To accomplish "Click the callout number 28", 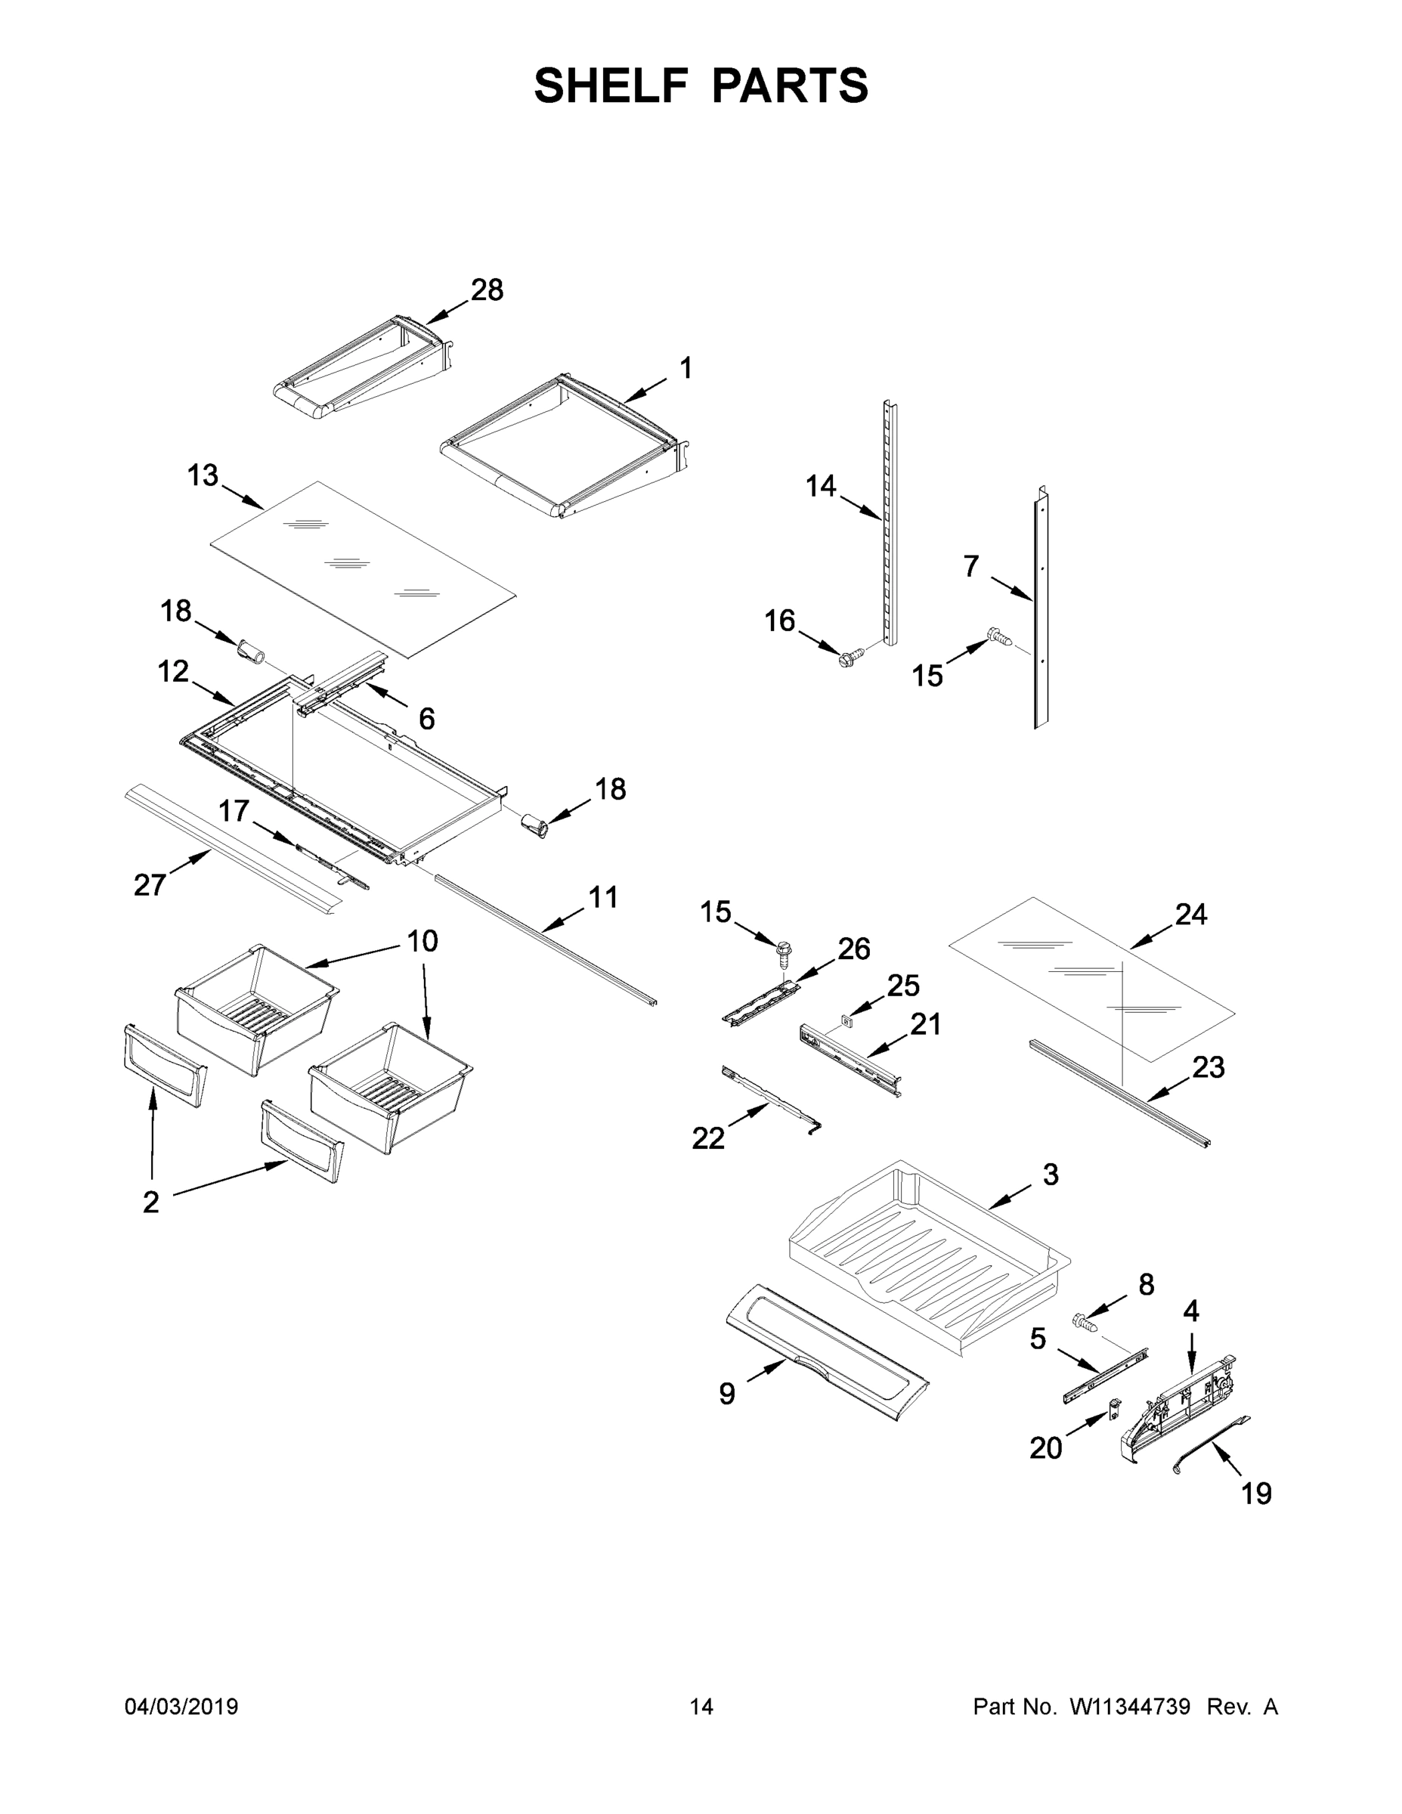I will click(x=487, y=290).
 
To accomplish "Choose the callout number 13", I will click(x=203, y=476).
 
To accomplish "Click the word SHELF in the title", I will click(x=611, y=85).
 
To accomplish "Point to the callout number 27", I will click(x=150, y=885).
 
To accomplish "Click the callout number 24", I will click(x=1190, y=915).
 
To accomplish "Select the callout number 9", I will click(x=727, y=1394).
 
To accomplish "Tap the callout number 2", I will click(x=150, y=1202).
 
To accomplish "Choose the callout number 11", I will click(x=603, y=897).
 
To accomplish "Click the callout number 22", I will click(x=707, y=1138).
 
